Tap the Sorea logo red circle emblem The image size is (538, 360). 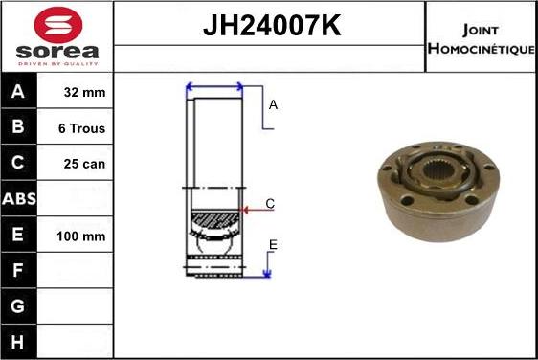click(x=57, y=25)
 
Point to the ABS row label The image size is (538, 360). click(x=20, y=199)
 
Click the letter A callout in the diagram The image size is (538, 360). click(x=273, y=105)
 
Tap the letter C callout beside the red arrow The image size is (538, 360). click(x=270, y=204)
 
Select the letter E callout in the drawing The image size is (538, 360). click(x=273, y=246)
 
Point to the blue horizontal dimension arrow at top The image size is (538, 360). click(x=214, y=87)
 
